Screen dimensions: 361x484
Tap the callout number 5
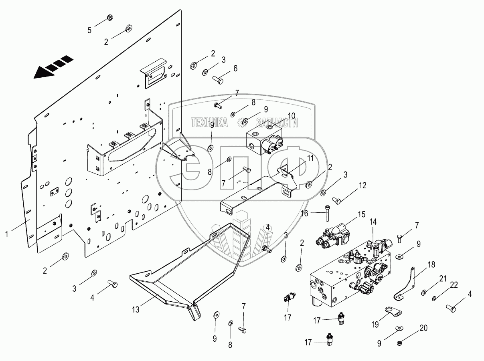click(x=90, y=29)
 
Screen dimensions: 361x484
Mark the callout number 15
click(x=362, y=214)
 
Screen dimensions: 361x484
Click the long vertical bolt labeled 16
click(x=328, y=213)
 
